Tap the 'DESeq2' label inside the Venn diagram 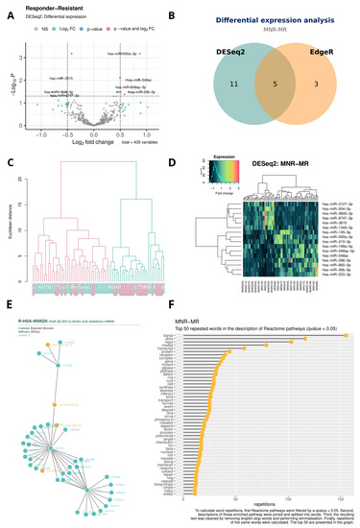[x=233, y=56]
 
